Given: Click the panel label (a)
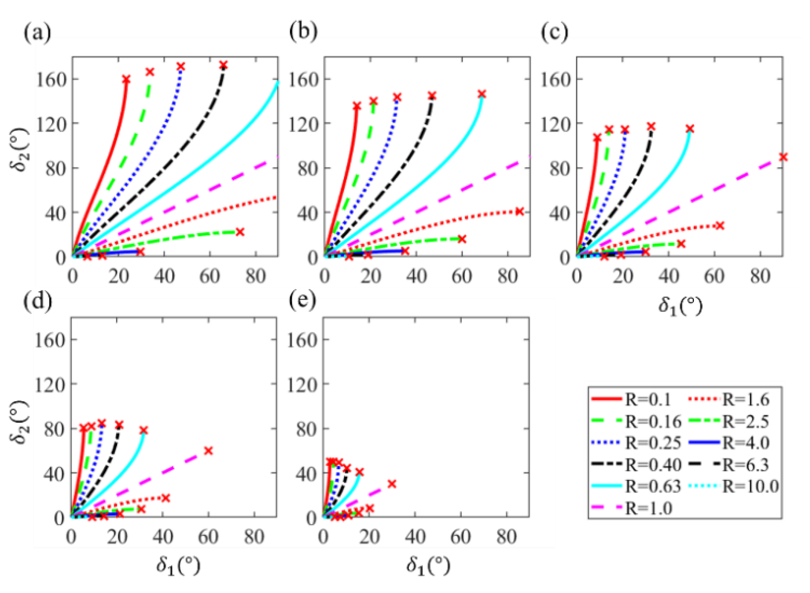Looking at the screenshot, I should (38, 32).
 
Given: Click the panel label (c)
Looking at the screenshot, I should (555, 32).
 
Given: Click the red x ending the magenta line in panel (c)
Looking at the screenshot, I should (783, 157).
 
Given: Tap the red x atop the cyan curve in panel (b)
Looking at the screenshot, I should (482, 94).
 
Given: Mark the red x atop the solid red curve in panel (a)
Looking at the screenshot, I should (126, 79).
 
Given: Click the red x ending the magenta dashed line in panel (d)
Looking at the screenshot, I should (208, 451).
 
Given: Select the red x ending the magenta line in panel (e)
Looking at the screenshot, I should (392, 484).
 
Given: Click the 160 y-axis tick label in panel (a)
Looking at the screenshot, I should (51, 80).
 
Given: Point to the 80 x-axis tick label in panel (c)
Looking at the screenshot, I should (760, 276).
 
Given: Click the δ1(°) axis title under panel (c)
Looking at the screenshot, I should (680, 306).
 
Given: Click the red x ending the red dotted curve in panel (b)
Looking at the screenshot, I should (519, 211).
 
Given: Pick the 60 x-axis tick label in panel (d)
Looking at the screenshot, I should (208, 537).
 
